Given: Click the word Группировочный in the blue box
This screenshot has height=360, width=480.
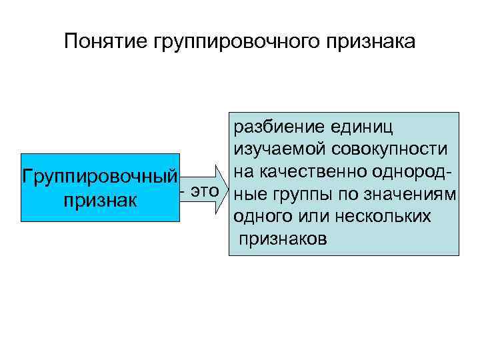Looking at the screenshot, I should [101, 178].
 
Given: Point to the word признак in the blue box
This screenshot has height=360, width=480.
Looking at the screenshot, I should [100, 201].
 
